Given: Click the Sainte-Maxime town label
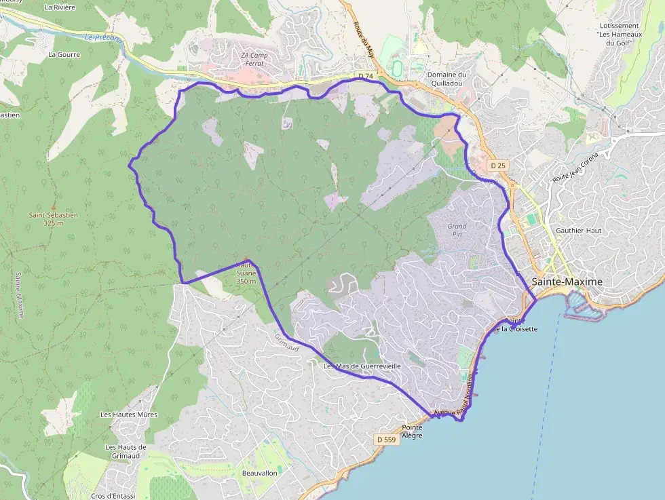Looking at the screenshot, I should pos(567,282).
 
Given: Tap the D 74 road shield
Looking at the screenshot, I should pos(366,76).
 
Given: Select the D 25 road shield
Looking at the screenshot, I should pos(498,166).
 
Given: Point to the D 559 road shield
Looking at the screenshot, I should pos(385,440).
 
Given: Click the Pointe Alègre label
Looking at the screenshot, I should pos(412,431).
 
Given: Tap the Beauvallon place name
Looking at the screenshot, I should pos(260,473).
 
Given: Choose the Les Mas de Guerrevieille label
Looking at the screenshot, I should pos(362,366).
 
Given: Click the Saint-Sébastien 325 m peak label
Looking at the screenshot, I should pos(53,218).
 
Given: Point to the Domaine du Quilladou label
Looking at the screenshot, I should pos(446,79).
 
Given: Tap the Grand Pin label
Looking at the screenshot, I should pos(457,229).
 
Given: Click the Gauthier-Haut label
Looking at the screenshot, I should pos(578,231).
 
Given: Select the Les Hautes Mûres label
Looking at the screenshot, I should pos(129,415).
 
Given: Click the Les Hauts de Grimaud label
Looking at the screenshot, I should pos(126,451).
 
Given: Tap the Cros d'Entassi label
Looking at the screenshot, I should pos(115,496).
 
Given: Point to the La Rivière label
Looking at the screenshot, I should pos(58,7).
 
